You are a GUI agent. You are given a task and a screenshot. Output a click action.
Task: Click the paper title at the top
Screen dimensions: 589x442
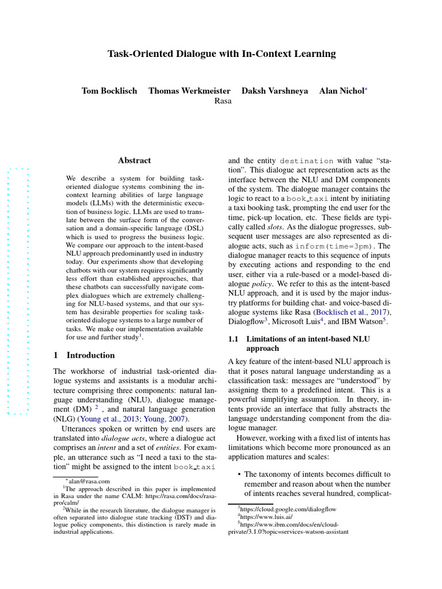222,54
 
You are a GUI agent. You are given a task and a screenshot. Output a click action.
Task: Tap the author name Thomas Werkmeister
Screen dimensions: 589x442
189,91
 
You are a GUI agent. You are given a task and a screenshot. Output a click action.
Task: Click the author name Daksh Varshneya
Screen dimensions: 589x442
275,91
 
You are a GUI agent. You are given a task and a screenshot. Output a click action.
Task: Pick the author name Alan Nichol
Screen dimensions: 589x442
341,91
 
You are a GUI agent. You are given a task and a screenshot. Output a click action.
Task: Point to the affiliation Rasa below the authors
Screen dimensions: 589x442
223,101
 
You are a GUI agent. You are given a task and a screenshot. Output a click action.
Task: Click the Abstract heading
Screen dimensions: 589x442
134,160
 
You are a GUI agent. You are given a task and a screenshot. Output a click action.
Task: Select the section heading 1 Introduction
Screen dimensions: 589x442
84,355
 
